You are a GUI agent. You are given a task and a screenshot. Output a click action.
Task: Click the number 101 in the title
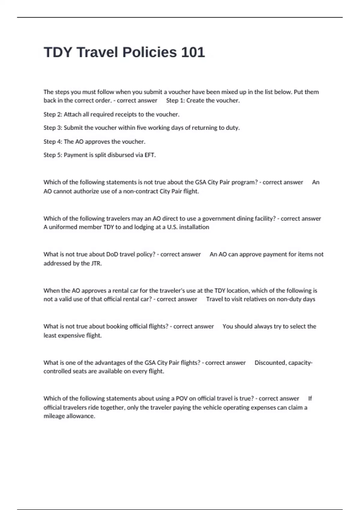click(x=193, y=52)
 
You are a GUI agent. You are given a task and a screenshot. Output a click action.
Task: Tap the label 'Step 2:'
click(x=53, y=114)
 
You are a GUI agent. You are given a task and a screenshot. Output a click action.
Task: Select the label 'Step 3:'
click(x=53, y=128)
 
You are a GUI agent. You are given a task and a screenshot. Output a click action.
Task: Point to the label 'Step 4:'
click(x=53, y=142)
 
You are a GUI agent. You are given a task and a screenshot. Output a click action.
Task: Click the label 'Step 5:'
click(x=53, y=155)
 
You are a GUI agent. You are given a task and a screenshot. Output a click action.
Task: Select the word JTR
click(x=96, y=263)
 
